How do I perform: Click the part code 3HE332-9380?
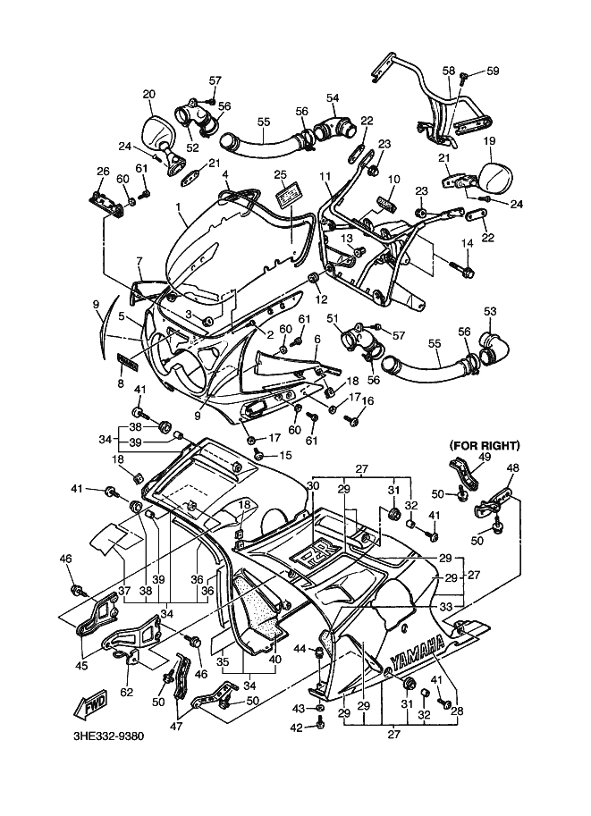coord(108,738)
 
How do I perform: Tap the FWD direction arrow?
coord(94,705)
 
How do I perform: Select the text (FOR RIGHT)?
coord(485,444)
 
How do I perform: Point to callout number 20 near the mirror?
coord(148,94)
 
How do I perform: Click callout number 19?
coord(489,141)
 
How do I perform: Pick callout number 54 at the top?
coord(332,97)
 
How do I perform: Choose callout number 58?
coord(448,70)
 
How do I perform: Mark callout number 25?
coord(280,173)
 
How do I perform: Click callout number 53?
coord(489,311)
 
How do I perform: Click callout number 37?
coord(125,590)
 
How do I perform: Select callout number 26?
coord(103,172)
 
